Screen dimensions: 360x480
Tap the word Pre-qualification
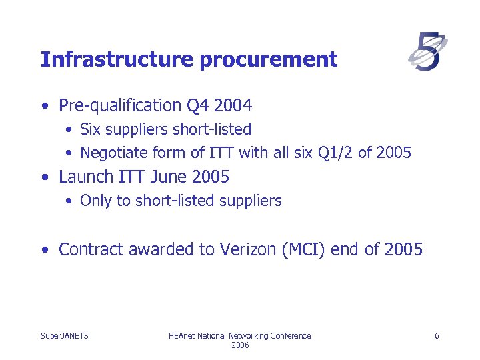pos(120,105)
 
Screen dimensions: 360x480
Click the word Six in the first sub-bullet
pos(91,129)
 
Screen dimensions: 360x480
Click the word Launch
pos(86,177)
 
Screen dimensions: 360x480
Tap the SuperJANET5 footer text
pos(65,336)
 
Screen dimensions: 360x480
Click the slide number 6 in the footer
pos(437,336)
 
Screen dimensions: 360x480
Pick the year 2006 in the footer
pos(240,345)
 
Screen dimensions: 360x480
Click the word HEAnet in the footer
pos(183,336)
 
